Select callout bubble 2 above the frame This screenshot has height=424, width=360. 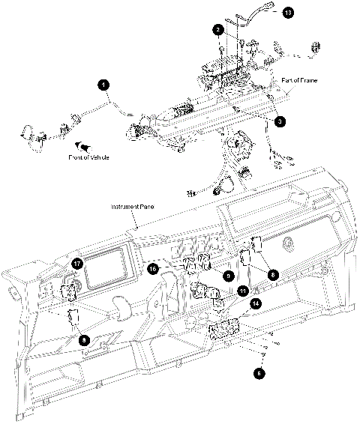pyautogui.click(x=217, y=30)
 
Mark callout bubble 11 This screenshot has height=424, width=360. pyautogui.click(x=242, y=290)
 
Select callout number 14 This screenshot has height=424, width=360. pyautogui.click(x=256, y=303)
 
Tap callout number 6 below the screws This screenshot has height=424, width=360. pyautogui.click(x=259, y=369)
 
